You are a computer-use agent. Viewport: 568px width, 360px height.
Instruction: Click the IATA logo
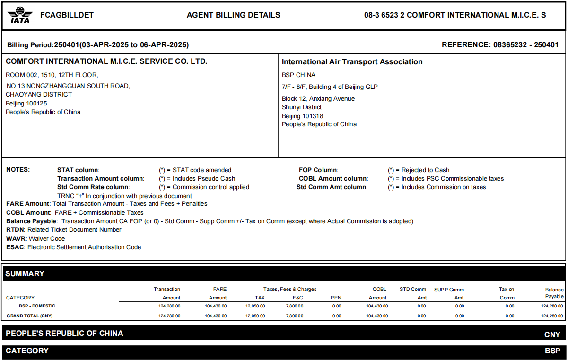coord(20,15)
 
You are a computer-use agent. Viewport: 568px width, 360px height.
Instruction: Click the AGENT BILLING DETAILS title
coord(233,15)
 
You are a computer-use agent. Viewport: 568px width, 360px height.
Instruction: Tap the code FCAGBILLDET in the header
coord(67,15)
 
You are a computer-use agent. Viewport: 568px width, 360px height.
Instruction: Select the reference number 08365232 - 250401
coord(526,45)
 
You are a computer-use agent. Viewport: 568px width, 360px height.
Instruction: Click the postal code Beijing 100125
coord(26,103)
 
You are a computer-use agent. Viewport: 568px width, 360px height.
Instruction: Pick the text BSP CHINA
coord(298,75)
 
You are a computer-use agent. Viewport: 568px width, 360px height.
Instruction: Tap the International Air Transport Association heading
coord(352,62)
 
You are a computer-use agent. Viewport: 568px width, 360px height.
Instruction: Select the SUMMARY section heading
coord(25,273)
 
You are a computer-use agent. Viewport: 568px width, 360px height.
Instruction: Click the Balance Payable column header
coord(554,293)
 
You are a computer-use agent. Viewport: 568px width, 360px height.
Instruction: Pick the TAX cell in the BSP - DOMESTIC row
coord(255,306)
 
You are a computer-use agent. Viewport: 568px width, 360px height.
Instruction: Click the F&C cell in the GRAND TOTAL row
coord(295,316)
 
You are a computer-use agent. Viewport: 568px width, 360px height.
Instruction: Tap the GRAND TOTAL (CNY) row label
coord(29,316)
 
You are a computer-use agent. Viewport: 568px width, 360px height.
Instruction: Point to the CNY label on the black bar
coord(552,334)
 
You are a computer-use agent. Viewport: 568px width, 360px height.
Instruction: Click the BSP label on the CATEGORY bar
coord(552,351)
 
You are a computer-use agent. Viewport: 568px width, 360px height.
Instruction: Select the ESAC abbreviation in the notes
coord(16,247)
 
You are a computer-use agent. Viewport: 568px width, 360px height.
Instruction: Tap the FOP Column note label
coord(318,170)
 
